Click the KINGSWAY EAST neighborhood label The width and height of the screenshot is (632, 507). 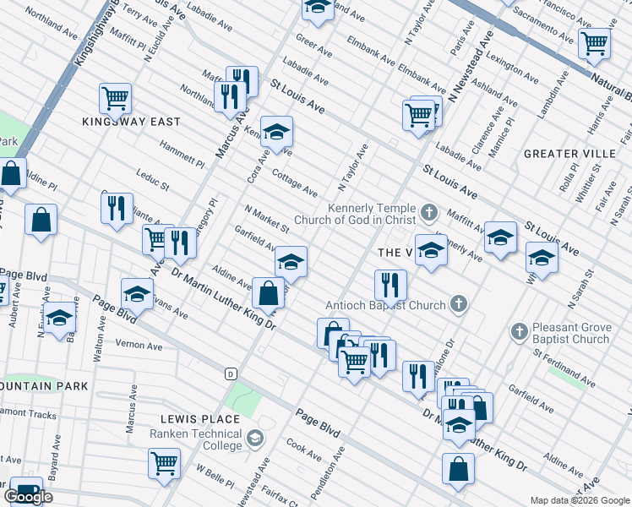pos(131,122)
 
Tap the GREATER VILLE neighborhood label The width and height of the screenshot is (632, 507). pos(569,154)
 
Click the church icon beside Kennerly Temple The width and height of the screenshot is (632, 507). pos(429,211)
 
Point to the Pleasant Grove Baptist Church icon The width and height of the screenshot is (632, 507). pos(519,331)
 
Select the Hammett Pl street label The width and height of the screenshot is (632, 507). pos(182,152)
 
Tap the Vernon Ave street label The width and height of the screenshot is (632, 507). pos(139,346)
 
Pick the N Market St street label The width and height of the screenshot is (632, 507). pos(266,218)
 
